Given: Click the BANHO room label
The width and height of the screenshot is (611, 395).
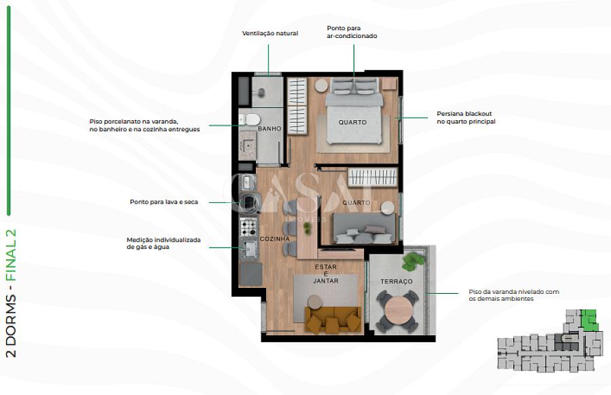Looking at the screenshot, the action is pos(270,128).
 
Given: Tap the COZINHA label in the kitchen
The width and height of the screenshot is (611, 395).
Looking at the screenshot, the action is pos(275,239).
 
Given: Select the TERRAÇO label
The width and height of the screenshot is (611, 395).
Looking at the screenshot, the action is pos(396,281).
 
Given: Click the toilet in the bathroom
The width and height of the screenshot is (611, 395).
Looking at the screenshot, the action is pos(250,119).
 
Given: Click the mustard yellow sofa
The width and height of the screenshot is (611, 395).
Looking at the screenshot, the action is pos(333,320).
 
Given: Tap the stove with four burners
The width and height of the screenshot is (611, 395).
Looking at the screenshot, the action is pos(248,227).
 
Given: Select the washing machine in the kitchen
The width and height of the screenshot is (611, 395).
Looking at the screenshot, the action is pos(248,202).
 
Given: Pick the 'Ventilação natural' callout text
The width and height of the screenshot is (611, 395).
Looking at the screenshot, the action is pos(270,33).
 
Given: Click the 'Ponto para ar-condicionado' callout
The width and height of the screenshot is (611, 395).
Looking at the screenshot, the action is pos(352,32).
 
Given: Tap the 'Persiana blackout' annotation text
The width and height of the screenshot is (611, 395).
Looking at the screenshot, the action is pos(466,117).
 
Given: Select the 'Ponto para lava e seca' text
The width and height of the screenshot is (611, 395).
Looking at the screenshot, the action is pos(164,202).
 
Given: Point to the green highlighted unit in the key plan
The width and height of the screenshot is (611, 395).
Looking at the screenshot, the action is pos(589,320).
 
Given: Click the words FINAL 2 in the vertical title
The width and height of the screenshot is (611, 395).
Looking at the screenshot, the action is pos(12,255).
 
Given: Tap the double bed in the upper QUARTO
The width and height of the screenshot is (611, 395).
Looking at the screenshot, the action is pos(354,111).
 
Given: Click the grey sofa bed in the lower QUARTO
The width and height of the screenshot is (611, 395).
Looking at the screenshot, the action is pos(364,228).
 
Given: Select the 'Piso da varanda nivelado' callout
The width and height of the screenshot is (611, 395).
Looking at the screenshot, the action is pos(514,295).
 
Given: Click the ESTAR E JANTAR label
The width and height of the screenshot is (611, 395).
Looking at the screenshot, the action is pos(326,274).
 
